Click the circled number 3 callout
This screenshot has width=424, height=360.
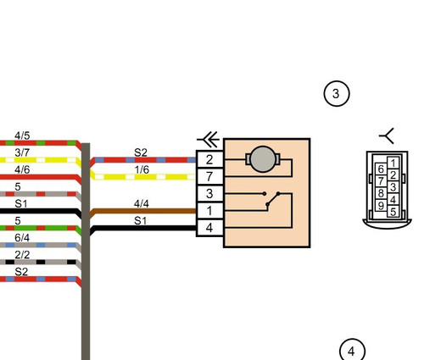coord(337,93)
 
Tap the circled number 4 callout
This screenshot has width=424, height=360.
coord(352,350)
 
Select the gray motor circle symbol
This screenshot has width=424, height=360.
coord(263,159)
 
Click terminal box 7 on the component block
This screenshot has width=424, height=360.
coord(209,177)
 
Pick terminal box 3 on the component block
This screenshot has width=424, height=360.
coord(209,194)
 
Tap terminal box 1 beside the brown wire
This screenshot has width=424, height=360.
coord(209,211)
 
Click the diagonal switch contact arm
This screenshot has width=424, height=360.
coord(273,199)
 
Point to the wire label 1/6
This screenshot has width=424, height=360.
coord(142,169)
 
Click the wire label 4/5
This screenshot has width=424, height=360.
coord(22,136)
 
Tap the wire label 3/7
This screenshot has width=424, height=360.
coord(22,152)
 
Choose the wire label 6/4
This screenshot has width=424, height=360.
coord(22,238)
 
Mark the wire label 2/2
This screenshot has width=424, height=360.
coord(22,255)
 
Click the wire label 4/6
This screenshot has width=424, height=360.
coord(22,169)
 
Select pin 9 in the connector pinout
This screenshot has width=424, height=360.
coord(381,205)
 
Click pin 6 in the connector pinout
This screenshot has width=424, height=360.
coord(381,169)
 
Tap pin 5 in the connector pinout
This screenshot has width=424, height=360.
coord(393,212)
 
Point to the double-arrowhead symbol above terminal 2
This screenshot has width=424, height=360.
coord(209,140)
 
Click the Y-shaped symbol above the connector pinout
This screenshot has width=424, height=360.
coord(387,136)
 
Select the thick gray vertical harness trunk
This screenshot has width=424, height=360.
coord(86,252)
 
